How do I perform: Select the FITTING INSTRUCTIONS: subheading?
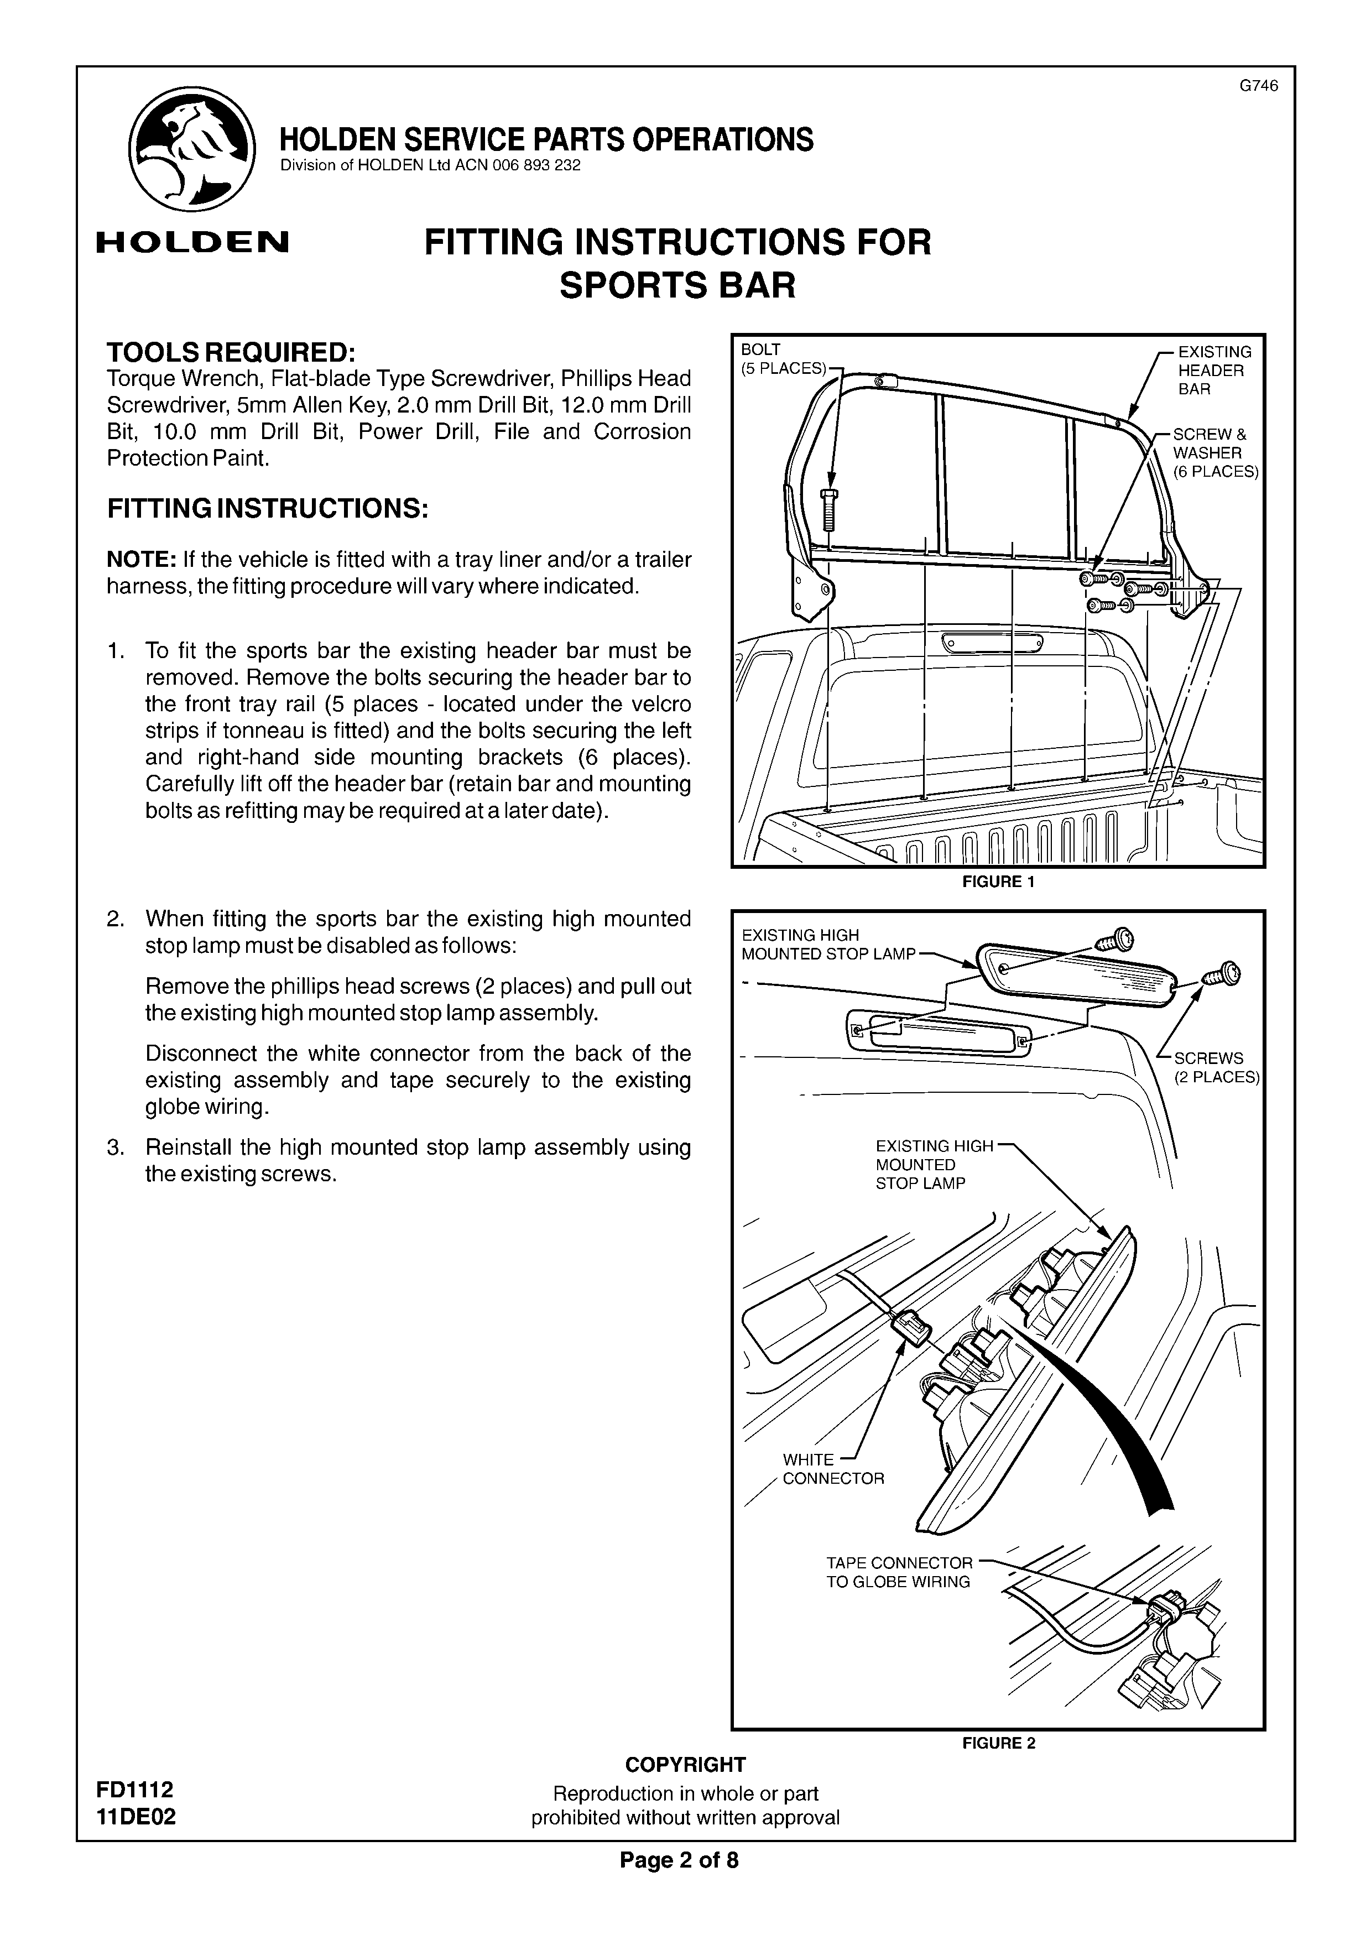(268, 509)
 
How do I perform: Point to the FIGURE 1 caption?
(998, 882)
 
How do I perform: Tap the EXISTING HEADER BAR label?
(1214, 370)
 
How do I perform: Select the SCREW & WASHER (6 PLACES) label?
(1214, 453)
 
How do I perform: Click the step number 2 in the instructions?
(116, 919)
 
